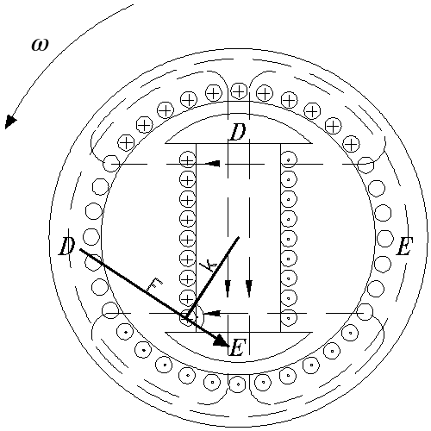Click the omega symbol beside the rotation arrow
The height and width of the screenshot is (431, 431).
coord(40,45)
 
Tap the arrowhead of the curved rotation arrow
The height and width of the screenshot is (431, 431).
coord(10,122)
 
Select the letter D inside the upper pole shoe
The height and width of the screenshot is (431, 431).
coord(237,132)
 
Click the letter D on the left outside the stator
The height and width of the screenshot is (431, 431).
coord(67,247)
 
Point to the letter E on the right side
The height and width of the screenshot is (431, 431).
coord(404,247)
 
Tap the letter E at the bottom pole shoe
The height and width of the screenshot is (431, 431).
coord(238,347)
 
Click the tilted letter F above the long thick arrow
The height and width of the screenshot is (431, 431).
coord(153,284)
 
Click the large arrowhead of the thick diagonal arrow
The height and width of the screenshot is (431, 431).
coord(222,340)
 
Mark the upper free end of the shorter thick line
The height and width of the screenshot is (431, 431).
coord(238,237)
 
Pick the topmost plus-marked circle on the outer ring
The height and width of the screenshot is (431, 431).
coord(239,91)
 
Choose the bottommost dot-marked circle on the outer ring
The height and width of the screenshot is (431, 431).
coord(238,384)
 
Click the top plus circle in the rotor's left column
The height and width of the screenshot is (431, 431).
coord(187,160)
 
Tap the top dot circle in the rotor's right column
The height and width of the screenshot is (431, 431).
coord(289,159)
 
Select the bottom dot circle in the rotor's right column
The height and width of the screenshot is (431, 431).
coord(289,318)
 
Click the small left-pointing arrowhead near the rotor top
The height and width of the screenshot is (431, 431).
coord(213,164)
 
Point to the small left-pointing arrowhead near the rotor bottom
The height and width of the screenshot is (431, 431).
coord(213,313)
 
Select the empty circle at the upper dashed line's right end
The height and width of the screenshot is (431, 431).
coord(365,165)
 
